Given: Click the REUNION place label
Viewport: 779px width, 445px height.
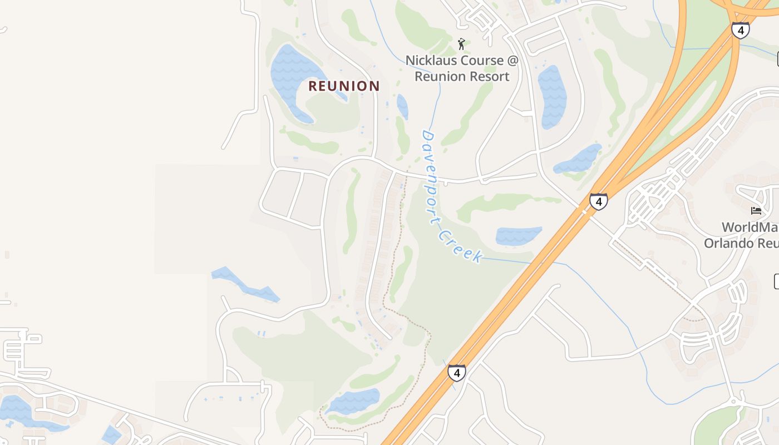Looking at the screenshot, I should click(x=344, y=86).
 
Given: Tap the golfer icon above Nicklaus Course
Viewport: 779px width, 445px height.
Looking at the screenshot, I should click(x=461, y=44).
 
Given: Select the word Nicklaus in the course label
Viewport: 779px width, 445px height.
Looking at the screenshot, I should click(x=432, y=60).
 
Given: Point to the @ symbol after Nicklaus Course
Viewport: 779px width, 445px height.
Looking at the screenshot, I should click(x=511, y=60).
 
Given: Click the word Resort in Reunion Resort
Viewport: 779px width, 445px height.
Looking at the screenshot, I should click(x=490, y=77).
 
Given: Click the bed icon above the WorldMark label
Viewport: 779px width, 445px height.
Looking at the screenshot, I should click(x=756, y=210).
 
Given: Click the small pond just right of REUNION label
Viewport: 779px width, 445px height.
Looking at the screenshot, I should click(x=402, y=106).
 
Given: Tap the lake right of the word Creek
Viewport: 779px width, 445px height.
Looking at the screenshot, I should click(x=517, y=235).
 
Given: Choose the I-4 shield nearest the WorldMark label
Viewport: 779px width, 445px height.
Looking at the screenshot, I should click(x=598, y=201).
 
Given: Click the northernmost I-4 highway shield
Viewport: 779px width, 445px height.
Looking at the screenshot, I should click(x=739, y=30).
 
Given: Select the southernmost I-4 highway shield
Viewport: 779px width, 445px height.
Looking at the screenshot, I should click(x=456, y=372).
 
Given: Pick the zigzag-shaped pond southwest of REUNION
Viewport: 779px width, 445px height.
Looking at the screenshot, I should click(x=245, y=284).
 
